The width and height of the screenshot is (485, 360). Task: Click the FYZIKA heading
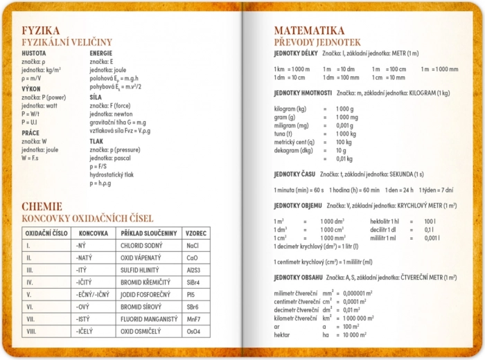pos(40,30)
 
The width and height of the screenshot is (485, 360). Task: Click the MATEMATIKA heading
pos(309,30)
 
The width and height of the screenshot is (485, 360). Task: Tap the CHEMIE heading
pos(42,206)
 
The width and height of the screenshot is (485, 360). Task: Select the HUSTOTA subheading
pos(34,53)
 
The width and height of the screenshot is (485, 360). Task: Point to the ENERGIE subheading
pos(101,53)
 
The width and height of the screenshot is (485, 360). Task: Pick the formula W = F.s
pos(32,158)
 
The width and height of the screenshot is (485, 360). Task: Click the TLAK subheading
pos(96,141)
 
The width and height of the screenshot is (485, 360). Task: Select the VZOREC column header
pos(195,233)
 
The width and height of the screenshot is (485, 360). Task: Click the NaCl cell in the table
pos(193,246)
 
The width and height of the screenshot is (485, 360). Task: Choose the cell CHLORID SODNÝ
pos(141,246)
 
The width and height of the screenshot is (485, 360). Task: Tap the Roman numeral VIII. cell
pos(30,332)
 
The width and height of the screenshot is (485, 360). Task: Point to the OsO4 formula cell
pos(194,332)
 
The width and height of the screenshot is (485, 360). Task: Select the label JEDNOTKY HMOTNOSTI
pos(303,93)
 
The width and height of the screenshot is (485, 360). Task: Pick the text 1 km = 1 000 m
pos(292,69)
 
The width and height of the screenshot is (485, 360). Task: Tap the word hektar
pos(282,334)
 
